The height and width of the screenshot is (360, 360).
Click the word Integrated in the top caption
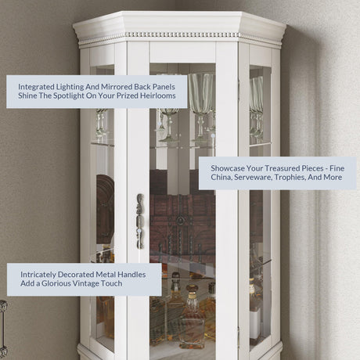[x=36, y=87]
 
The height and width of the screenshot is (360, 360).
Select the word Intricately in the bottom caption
[x=38, y=275]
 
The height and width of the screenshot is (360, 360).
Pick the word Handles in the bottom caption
[x=131, y=275]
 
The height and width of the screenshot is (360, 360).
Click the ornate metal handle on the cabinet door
[x=140, y=221]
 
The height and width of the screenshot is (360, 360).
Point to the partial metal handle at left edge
[x=3, y=327]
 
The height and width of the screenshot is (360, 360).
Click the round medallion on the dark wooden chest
[x=181, y=221]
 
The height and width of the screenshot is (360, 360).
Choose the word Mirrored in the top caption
[x=117, y=87]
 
